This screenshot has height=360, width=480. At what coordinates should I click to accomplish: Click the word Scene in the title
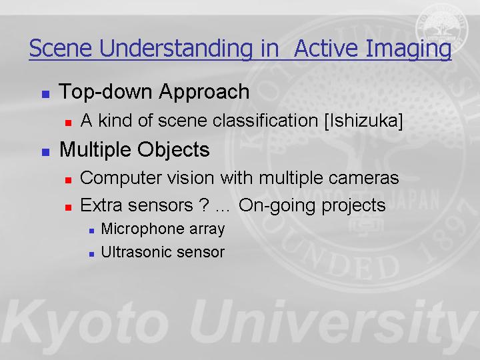(x=60, y=48)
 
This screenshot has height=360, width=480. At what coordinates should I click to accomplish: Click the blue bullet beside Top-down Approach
(x=45, y=94)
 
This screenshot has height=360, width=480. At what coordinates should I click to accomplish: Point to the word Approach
(x=204, y=92)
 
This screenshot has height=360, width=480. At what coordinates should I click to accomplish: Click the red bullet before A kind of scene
(x=68, y=123)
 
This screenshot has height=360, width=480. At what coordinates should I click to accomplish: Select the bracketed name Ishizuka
(x=363, y=121)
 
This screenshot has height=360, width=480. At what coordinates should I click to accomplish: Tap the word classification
(x=265, y=120)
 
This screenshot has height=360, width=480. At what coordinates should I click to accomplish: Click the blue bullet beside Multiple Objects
(x=45, y=152)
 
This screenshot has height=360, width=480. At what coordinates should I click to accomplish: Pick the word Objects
(x=173, y=150)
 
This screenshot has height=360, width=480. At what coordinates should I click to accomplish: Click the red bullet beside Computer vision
(x=68, y=180)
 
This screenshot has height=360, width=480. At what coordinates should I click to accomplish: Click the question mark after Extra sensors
(x=204, y=205)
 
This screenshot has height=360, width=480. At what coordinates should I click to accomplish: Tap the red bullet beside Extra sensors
(x=68, y=207)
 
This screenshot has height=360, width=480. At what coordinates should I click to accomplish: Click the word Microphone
(x=143, y=229)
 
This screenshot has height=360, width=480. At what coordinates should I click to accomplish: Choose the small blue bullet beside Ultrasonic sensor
(x=92, y=254)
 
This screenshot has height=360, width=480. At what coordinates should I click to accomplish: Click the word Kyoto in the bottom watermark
(x=85, y=322)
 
